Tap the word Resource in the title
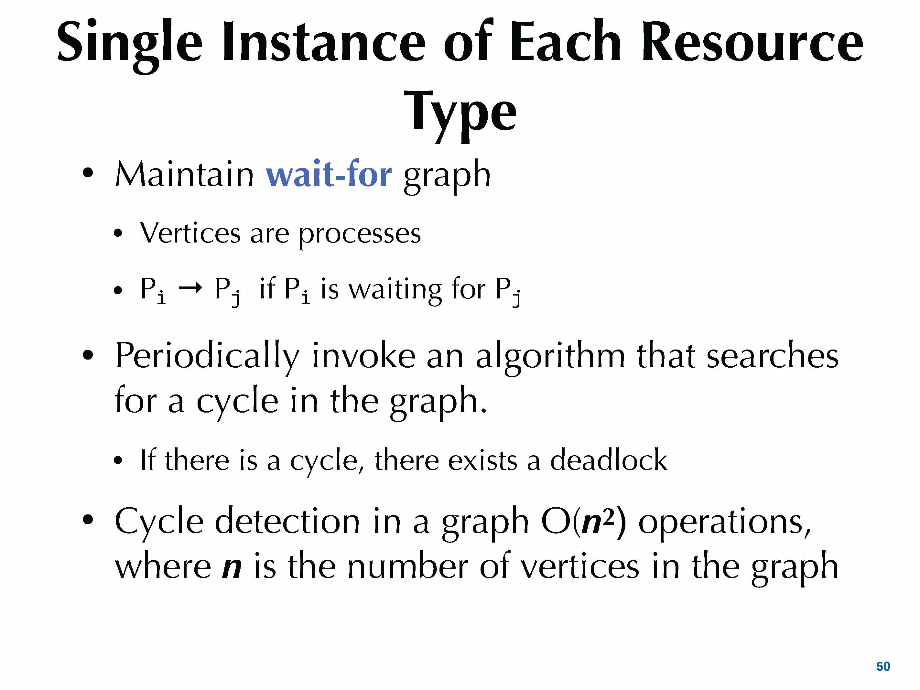[x=752, y=42]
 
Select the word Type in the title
[x=460, y=114]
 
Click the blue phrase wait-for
[x=329, y=174]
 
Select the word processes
[x=360, y=235]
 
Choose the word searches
[x=772, y=356]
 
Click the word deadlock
[x=609, y=460]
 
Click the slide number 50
[x=883, y=667]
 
